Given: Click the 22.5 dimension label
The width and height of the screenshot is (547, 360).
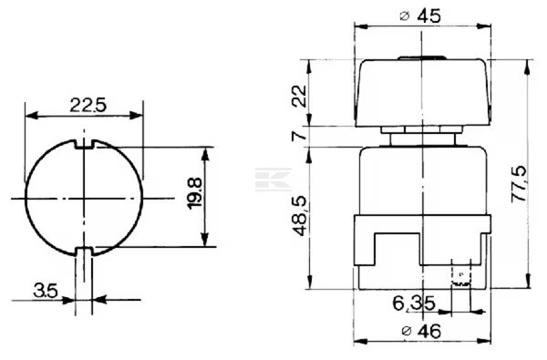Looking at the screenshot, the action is pos(88,105).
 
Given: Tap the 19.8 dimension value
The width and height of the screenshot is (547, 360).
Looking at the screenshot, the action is pos(195,193).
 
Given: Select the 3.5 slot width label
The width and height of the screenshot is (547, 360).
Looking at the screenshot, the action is pos(46,291).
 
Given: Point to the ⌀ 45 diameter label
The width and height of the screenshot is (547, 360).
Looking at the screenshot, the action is pos(420,16).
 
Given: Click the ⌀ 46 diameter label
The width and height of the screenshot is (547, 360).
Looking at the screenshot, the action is pos(421,331).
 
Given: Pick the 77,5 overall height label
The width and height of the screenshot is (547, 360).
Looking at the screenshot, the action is pos(520,184).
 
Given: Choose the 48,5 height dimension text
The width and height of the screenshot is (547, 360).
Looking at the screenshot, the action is pos(299,216).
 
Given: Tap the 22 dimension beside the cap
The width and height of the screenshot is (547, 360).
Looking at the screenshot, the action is pos(299,96).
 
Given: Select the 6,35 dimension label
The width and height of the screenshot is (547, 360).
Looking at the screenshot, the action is pos(414,303).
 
